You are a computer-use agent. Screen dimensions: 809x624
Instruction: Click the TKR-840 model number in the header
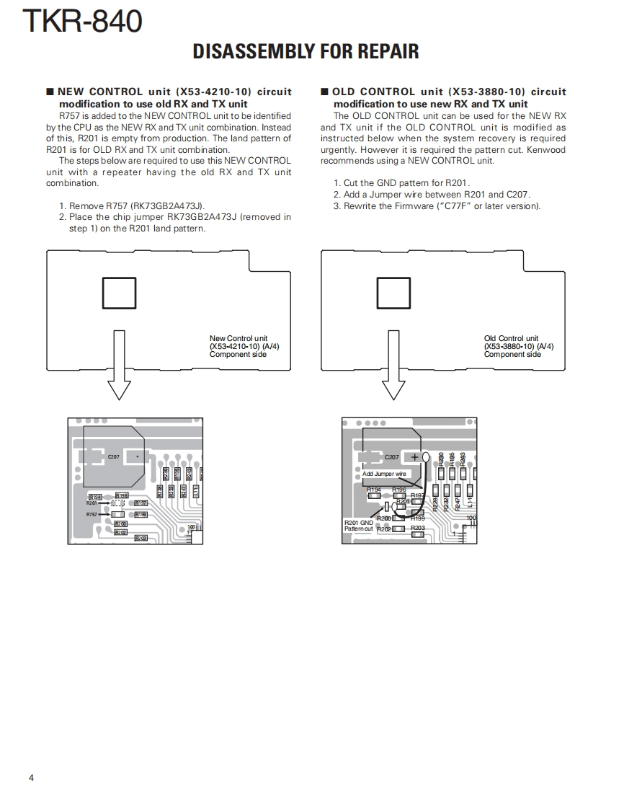[x=82, y=22]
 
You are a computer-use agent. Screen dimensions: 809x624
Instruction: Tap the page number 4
[x=31, y=777]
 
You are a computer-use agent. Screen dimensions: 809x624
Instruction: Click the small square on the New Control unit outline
[x=119, y=293]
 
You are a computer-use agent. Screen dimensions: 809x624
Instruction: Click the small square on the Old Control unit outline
[x=393, y=293]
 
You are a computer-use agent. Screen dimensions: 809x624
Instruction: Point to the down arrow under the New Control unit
[x=119, y=368]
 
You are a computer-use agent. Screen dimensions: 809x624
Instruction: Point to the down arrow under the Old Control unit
[x=393, y=368]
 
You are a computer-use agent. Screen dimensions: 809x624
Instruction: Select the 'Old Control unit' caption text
[x=511, y=338]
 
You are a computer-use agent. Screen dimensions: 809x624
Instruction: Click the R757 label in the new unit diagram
[x=92, y=514]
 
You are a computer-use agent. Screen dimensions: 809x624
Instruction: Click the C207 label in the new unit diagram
[x=114, y=457]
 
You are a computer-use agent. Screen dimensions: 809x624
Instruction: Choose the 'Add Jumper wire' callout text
[x=384, y=474]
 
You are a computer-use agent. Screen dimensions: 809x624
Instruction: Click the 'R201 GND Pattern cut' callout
[x=359, y=526]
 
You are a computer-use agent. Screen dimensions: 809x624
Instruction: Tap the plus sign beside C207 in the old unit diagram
[x=414, y=456]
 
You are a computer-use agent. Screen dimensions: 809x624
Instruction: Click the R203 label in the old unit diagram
[x=418, y=528]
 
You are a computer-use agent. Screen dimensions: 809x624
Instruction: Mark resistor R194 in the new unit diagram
[x=94, y=498]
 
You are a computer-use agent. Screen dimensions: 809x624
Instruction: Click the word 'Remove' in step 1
[x=86, y=205]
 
